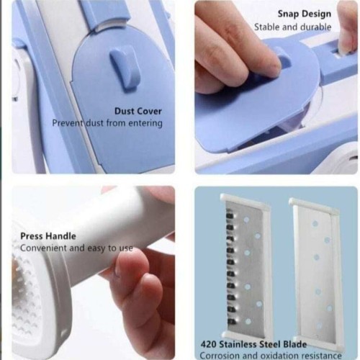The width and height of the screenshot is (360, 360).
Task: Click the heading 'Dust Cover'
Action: [x=138, y=111]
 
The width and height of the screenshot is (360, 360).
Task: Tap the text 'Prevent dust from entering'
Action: [x=107, y=123]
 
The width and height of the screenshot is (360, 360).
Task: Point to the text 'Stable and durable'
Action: [x=292, y=27]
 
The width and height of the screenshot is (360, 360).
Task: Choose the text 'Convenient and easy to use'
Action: [x=76, y=248]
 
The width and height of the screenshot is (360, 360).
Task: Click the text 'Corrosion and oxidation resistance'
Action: [x=270, y=356]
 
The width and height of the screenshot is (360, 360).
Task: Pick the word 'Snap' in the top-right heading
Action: [x=289, y=14]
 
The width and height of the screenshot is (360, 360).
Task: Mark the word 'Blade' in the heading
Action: [x=292, y=344]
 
